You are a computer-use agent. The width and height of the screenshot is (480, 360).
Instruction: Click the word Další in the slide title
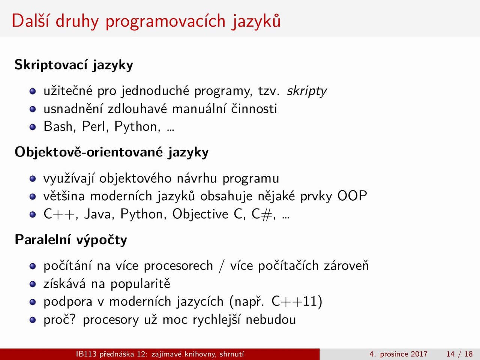(x=31, y=21)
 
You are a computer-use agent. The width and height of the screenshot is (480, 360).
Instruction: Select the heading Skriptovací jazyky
(x=74, y=65)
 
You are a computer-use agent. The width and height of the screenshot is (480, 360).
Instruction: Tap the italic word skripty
(x=307, y=91)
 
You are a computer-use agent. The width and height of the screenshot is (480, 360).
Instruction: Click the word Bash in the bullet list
(x=58, y=126)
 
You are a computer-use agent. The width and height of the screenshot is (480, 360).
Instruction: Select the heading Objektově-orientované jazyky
(x=111, y=152)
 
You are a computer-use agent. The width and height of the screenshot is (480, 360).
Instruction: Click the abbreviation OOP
(x=352, y=196)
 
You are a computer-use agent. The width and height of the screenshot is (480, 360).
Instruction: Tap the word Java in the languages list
(x=98, y=214)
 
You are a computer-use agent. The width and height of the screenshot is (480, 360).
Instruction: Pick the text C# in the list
(x=262, y=214)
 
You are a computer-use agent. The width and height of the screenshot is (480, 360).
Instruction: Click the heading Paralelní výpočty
(x=71, y=240)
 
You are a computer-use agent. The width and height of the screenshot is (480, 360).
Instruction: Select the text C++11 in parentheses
(x=294, y=301)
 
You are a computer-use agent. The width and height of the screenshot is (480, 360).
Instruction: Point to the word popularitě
(x=140, y=284)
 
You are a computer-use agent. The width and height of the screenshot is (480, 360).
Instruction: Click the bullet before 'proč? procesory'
(x=33, y=320)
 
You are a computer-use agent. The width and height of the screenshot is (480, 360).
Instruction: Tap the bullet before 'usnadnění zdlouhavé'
(x=33, y=109)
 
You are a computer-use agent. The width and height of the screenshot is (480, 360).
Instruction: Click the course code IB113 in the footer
(x=86, y=354)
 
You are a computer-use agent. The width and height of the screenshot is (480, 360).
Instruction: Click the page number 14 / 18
(x=459, y=354)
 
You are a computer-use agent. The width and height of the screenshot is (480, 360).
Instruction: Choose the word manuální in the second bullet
(x=199, y=109)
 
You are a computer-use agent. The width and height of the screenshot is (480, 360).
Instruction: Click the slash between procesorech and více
(x=222, y=266)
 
